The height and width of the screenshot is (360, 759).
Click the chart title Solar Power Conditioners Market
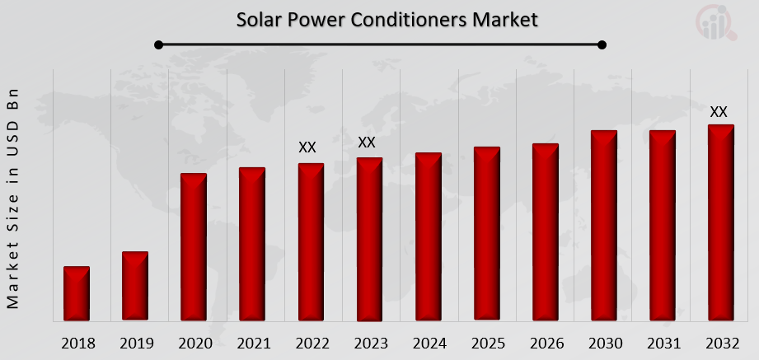387,19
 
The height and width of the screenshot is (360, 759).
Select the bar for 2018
77,293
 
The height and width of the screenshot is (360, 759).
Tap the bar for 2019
135,286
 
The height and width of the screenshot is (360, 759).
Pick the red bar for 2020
194,246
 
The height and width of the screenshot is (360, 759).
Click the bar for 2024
428,236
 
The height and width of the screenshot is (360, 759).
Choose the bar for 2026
545,231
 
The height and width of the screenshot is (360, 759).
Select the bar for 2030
603,225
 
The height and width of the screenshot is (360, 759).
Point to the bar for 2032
720,222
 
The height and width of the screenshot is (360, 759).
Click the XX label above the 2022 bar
307,147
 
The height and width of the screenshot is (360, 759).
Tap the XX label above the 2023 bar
367,143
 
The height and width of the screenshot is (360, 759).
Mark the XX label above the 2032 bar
719,111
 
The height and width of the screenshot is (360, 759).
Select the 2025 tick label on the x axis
487,344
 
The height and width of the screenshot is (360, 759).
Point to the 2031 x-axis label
663,344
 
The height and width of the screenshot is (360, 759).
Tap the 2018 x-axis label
77,344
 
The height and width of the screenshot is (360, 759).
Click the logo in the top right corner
717,23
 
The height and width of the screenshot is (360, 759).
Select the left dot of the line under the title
158,44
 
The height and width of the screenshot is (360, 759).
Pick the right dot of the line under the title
602,44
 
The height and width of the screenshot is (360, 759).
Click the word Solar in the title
258,19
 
